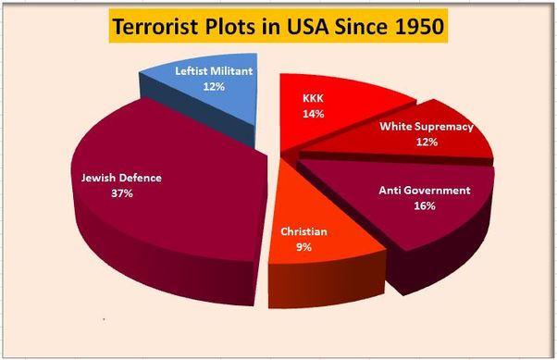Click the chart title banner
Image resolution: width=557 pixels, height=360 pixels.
[278, 27]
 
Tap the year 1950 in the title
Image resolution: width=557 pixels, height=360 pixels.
[413, 28]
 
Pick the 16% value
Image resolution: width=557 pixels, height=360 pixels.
[425, 205]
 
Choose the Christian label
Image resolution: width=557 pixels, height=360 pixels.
[305, 232]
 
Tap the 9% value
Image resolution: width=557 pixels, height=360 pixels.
[304, 248]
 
